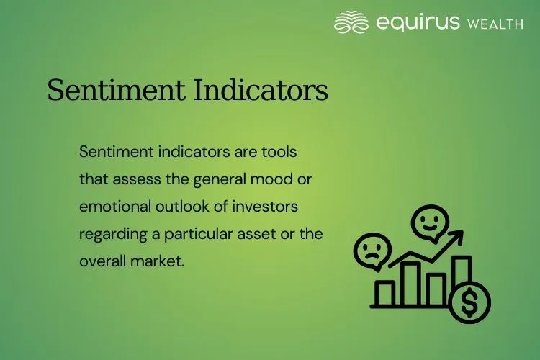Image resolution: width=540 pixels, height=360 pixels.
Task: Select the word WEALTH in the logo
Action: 495,24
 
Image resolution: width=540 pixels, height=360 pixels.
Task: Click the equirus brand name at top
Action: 419,23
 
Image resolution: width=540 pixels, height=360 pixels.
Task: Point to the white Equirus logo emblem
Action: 351,22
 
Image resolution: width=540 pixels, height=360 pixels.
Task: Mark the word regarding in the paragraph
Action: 109,233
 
